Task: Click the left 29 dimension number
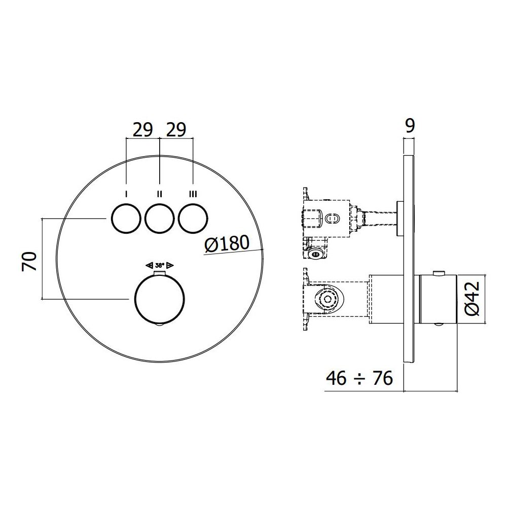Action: [x=142, y=130]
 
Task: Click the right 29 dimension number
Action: [x=176, y=130]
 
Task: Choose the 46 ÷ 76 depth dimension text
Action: [x=359, y=378]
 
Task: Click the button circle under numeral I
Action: [x=126, y=218]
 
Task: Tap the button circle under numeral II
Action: [x=160, y=218]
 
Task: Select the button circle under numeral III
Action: [x=193, y=218]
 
